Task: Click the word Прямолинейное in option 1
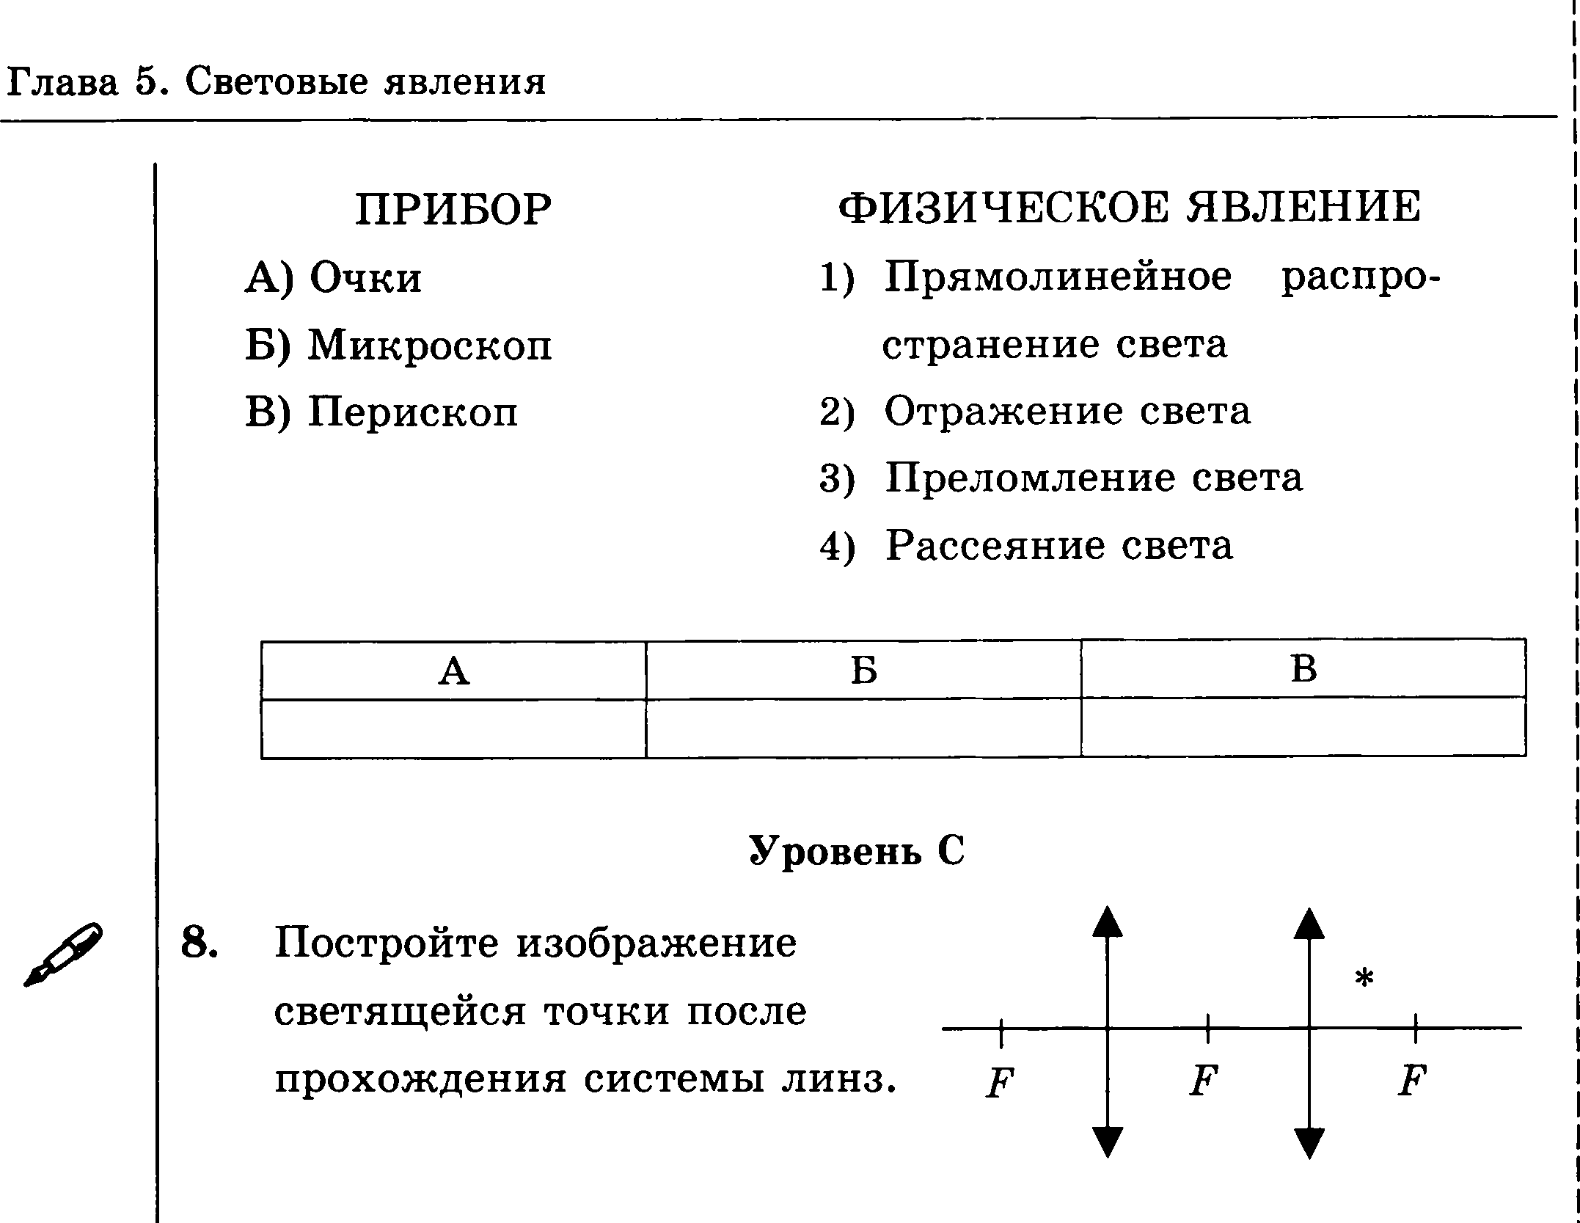(1058, 277)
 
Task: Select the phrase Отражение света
(1067, 411)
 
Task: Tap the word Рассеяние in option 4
(995, 546)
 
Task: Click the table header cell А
(453, 670)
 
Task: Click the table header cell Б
(863, 670)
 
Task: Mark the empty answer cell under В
(1303, 726)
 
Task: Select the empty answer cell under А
(453, 728)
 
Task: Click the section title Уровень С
(857, 850)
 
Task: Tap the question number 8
(199, 942)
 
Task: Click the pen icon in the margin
(64, 954)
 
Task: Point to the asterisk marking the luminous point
(1364, 978)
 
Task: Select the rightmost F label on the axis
(1411, 1081)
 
